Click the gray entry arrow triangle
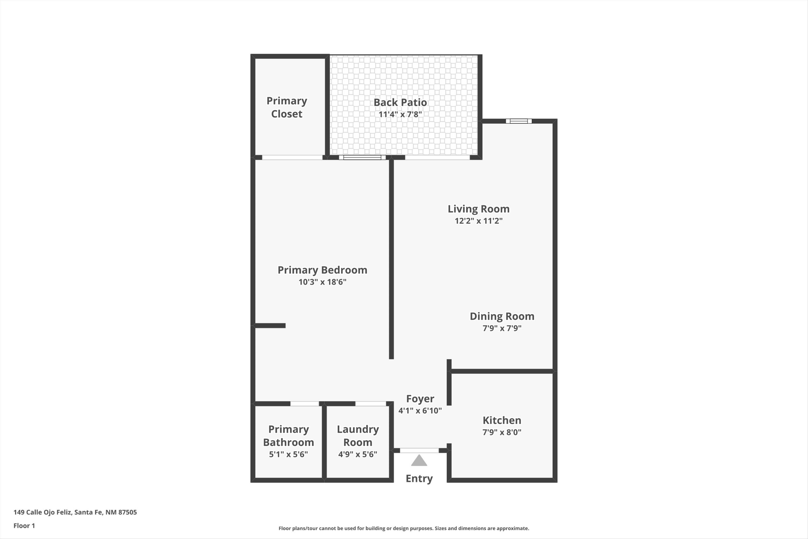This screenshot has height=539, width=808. pos(419,461)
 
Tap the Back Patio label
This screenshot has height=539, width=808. pos(400,102)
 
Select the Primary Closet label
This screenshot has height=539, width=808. pos(287,107)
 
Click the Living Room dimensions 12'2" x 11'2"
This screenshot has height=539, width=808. pos(478,221)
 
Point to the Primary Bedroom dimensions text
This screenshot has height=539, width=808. pos(322,282)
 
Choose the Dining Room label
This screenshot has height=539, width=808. pos(502,316)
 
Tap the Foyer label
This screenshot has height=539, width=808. pos(420,399)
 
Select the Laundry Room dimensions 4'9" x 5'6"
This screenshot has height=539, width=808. pos(357,454)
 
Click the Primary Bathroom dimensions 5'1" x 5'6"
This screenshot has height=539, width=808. pos(288,454)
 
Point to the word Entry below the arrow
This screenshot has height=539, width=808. pos(419,479)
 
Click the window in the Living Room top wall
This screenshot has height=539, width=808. pos(518,121)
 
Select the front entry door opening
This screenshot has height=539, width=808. pos(419,450)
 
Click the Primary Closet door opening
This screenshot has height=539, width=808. pos(292,157)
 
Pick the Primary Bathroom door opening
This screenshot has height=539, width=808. pos(304,403)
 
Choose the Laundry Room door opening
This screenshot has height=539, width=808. pos(370,403)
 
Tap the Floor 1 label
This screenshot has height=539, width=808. pos(24,526)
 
